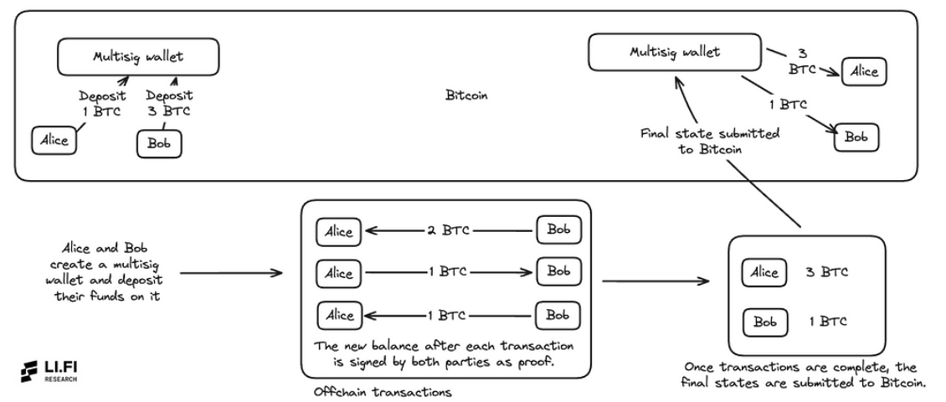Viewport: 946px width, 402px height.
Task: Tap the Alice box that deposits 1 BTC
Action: point(53,140)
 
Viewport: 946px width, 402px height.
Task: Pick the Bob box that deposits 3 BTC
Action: point(158,144)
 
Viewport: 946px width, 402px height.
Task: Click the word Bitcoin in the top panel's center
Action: point(466,95)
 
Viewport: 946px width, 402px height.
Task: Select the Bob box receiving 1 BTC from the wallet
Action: point(856,137)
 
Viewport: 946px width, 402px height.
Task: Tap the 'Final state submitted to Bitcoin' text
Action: point(711,140)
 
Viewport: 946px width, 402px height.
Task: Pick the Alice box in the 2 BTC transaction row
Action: point(338,231)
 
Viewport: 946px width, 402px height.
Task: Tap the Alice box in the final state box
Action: point(763,272)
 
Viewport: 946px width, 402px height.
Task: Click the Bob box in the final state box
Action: point(760,322)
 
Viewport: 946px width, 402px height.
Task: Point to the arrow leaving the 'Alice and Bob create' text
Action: point(231,273)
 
